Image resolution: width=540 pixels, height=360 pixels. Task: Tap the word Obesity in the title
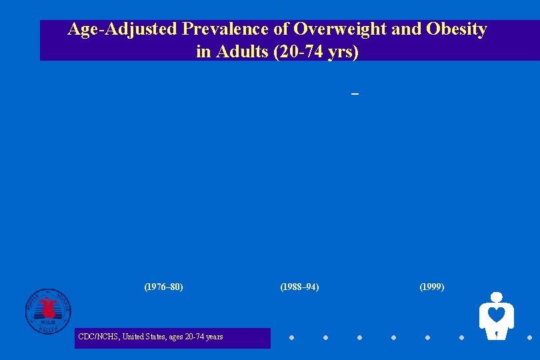point(456,30)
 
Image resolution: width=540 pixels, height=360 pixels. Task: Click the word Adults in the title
point(238,52)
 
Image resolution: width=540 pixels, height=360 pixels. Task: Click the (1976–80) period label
point(163,287)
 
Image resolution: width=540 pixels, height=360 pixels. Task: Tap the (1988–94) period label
point(299,287)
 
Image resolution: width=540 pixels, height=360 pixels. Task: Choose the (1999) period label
point(431,287)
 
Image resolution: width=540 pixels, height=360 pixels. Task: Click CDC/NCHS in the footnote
point(98,337)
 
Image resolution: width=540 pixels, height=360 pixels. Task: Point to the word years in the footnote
point(214,337)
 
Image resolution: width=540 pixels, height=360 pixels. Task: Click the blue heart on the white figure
point(496,314)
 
